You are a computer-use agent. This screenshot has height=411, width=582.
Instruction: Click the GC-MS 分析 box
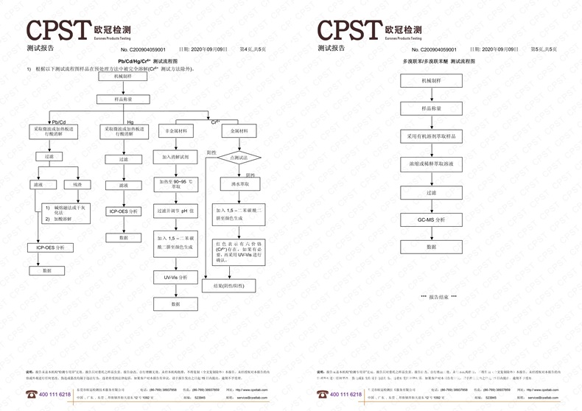tap(431, 219)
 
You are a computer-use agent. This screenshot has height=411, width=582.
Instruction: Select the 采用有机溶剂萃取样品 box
tap(431, 136)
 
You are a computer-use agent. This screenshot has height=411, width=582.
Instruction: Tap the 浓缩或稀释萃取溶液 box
tap(431, 164)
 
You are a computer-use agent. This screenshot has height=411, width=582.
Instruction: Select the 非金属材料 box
tap(175, 130)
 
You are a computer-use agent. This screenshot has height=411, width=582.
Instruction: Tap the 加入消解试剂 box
tap(175, 157)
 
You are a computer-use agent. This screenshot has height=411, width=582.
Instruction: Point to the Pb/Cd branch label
tap(59, 121)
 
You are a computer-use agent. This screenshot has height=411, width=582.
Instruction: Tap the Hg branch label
tap(130, 121)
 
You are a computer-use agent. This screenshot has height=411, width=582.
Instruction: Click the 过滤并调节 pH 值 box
tap(175, 211)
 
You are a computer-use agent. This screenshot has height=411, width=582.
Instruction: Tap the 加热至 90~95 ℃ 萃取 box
tap(175, 184)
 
